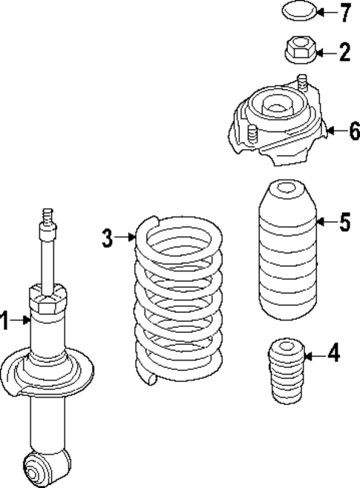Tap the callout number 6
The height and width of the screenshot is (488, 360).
click(x=353, y=131)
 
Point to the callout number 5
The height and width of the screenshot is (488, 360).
click(x=344, y=222)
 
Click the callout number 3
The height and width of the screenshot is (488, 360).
click(x=108, y=238)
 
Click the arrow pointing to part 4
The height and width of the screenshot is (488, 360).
click(x=315, y=355)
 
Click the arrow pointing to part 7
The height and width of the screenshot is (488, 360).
click(x=326, y=13)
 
